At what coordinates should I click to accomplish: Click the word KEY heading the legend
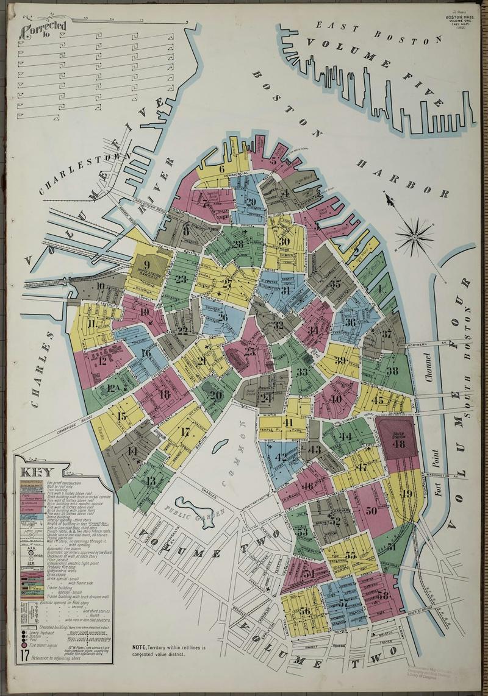(x=38, y=472)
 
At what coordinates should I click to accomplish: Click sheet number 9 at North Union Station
(x=146, y=265)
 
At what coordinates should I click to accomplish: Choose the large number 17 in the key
(x=24, y=656)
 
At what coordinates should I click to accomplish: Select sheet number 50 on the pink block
(x=371, y=510)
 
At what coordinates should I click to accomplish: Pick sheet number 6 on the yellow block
(x=221, y=169)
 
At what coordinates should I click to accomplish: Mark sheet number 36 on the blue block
(x=350, y=322)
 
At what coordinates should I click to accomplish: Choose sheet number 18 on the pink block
(x=163, y=394)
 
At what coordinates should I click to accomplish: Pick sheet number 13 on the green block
(x=151, y=481)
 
